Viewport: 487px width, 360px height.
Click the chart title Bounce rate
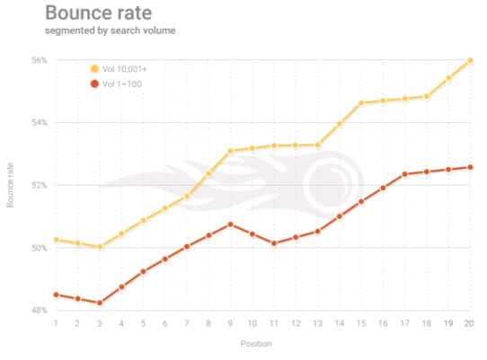pyautogui.click(x=99, y=13)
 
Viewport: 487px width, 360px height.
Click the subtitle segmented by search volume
pyautogui.click(x=111, y=31)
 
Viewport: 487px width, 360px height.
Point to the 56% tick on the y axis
pyautogui.click(x=40, y=60)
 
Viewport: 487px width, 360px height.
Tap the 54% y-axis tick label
pyautogui.click(x=40, y=123)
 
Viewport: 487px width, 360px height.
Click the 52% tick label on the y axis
pyautogui.click(x=40, y=185)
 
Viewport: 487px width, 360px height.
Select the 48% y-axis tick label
pyautogui.click(x=40, y=310)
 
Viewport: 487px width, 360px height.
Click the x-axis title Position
pyautogui.click(x=256, y=344)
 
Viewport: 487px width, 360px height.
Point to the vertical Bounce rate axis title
pyautogui.click(x=10, y=185)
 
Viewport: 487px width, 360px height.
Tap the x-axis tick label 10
pyautogui.click(x=252, y=323)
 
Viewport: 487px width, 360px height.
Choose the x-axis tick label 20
pyautogui.click(x=469, y=323)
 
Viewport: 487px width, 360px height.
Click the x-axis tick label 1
pyautogui.click(x=56, y=323)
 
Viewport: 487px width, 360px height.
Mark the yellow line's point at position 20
pyautogui.click(x=470, y=60)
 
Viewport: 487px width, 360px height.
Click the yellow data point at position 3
pyautogui.click(x=100, y=247)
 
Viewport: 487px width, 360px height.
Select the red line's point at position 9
pyautogui.click(x=230, y=224)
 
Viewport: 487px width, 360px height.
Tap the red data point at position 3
pyautogui.click(x=100, y=303)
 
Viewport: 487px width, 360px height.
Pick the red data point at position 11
pyautogui.click(x=274, y=243)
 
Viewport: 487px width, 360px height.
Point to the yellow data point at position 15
pyautogui.click(x=361, y=102)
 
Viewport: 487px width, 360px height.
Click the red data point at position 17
pyautogui.click(x=404, y=174)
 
